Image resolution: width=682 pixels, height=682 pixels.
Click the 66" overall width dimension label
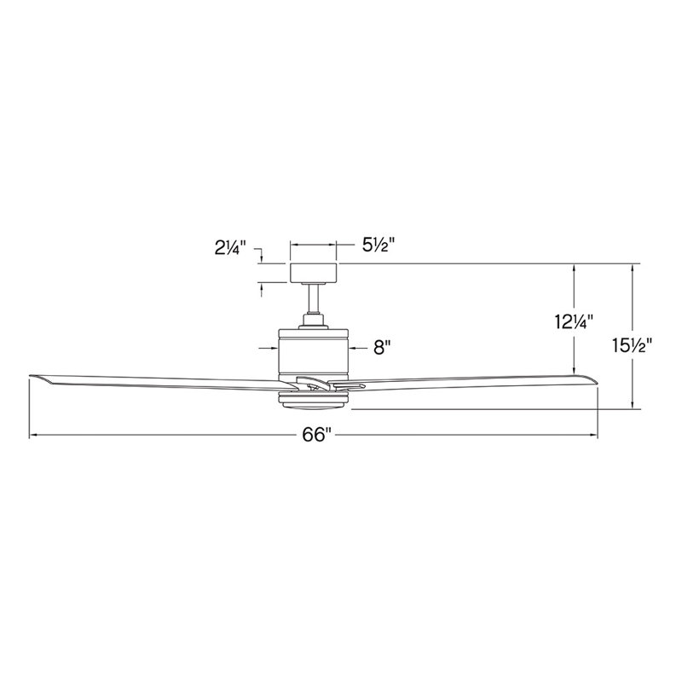[315, 435]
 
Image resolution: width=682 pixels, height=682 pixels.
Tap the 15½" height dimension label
[632, 345]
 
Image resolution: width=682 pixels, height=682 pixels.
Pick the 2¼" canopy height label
[230, 249]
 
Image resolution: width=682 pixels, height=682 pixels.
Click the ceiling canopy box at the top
[315, 273]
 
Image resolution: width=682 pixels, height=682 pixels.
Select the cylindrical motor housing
[315, 350]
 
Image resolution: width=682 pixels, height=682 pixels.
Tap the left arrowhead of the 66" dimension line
[33, 436]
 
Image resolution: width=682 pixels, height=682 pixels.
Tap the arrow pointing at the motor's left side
[275, 348]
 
